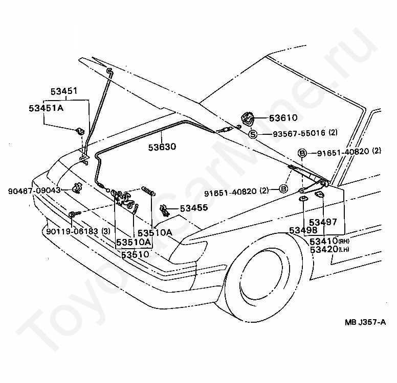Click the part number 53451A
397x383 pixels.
tap(46, 108)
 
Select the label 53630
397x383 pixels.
tap(162, 147)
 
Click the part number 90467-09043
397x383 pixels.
tap(34, 190)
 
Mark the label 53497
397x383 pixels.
tap(323, 222)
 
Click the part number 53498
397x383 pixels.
tap(303, 230)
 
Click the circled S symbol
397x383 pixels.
tap(253, 134)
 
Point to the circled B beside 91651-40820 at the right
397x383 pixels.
tap(302, 153)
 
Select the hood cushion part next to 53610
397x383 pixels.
tap(248, 119)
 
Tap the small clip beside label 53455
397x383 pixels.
tap(165, 209)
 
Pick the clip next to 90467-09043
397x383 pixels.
tap(77, 188)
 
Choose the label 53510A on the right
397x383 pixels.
tap(155, 233)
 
